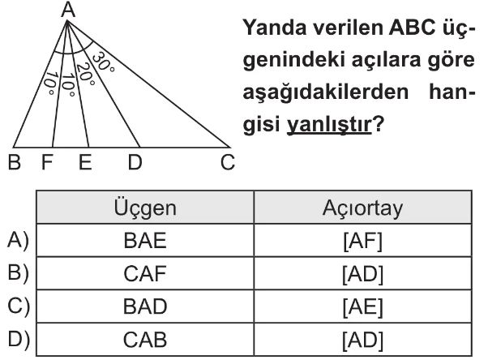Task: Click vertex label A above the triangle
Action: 68,10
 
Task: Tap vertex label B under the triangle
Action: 15,162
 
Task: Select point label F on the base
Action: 47,162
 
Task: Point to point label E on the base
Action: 85,162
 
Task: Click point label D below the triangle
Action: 135,162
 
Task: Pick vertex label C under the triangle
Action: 228,162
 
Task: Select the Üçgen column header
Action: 145,208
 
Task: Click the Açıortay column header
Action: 362,208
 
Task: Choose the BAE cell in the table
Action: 145,241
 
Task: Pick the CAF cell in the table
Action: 145,273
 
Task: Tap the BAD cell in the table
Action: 145,306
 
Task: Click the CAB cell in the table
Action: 145,340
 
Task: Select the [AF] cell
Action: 362,241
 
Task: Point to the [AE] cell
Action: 362,306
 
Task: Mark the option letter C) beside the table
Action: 19,306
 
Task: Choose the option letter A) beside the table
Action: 18,241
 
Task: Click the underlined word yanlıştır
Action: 329,125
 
